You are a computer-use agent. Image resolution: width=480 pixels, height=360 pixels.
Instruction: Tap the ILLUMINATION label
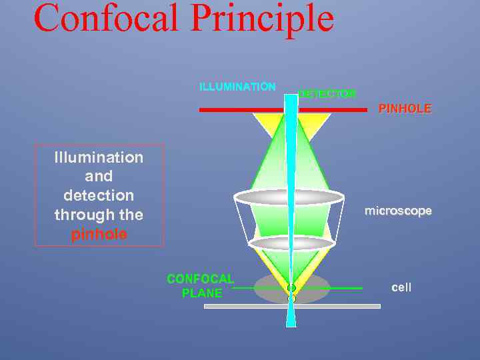pyautogui.click(x=237, y=87)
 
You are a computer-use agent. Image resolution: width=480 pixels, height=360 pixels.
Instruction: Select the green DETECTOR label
pyautogui.click(x=327, y=94)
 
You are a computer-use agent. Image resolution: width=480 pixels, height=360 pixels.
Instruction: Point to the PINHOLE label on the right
pyautogui.click(x=405, y=108)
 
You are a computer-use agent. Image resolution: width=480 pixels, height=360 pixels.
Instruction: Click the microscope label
pyautogui.click(x=398, y=211)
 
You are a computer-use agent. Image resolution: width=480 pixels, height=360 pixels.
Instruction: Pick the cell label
pyautogui.click(x=401, y=287)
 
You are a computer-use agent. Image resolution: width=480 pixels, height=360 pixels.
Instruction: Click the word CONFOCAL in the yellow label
pyautogui.click(x=200, y=279)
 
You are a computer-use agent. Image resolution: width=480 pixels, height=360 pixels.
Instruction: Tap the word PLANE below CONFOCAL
pyautogui.click(x=202, y=293)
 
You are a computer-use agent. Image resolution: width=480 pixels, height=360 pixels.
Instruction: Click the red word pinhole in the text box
pyautogui.click(x=99, y=235)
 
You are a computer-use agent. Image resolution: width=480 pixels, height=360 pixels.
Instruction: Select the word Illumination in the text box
pyautogui.click(x=99, y=157)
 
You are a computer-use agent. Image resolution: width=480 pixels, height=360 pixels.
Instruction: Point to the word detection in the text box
pyautogui.click(x=99, y=195)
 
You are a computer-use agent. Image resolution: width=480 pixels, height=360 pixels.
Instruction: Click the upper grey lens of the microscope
pyautogui.click(x=289, y=197)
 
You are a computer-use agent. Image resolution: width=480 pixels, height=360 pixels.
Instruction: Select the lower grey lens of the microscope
pyautogui.click(x=291, y=243)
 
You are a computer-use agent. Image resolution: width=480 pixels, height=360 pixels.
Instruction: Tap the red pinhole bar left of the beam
pyautogui.click(x=240, y=109)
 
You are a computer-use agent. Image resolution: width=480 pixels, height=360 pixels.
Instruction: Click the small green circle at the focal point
pyautogui.click(x=291, y=288)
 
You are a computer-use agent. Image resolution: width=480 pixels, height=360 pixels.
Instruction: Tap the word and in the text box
pyautogui.click(x=99, y=177)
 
